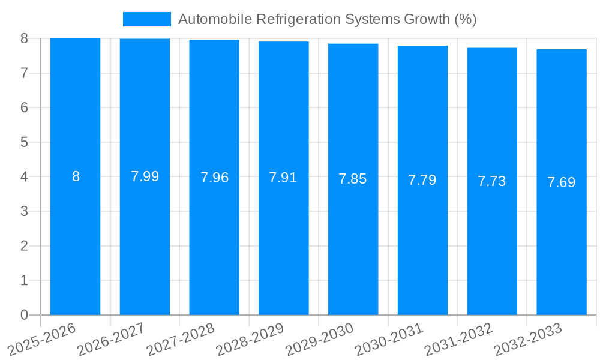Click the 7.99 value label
click(145, 176)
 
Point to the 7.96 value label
click(214, 178)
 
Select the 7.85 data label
click(353, 179)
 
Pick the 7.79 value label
click(422, 180)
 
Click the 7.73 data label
click(492, 181)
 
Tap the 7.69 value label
click(562, 182)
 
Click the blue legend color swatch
click(147, 19)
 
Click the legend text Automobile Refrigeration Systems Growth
click(327, 19)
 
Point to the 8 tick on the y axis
click(24, 38)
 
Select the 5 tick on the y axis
click(24, 142)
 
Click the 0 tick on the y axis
click(24, 315)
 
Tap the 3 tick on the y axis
click(24, 211)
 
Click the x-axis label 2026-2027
click(111, 339)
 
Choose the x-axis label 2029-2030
click(319, 339)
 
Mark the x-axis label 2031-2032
click(458, 339)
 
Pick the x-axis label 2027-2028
click(181, 339)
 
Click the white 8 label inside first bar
click(76, 176)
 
